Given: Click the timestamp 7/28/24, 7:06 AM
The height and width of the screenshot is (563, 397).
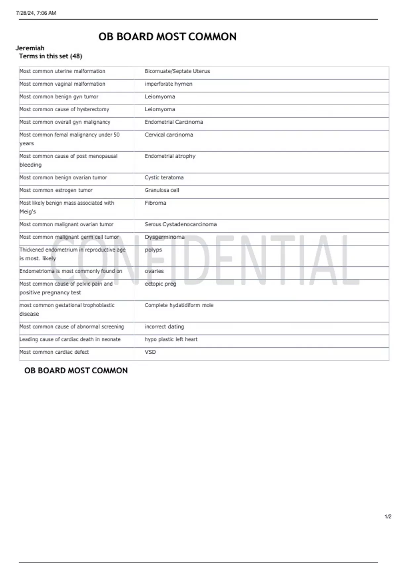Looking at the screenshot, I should [36, 13].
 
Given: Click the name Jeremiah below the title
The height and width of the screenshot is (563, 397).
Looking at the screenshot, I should [30, 48].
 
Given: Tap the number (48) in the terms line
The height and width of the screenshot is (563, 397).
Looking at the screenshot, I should [76, 56].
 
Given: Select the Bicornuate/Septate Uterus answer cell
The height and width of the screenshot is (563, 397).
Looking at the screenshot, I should [177, 71].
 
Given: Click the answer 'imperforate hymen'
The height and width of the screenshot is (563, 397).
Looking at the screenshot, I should [168, 84].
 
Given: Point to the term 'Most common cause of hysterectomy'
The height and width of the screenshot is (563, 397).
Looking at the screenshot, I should [64, 109].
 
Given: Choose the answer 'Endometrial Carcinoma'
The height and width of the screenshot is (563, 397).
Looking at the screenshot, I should [174, 122].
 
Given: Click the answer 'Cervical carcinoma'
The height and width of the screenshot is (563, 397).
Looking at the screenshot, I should [169, 135].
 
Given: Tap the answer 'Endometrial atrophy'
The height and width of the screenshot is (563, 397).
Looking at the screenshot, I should [170, 156].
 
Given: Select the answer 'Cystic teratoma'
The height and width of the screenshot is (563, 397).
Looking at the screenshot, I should [164, 178].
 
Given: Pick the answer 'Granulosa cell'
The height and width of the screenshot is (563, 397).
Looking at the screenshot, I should [162, 190].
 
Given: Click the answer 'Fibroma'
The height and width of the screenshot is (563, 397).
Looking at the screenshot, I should [155, 203].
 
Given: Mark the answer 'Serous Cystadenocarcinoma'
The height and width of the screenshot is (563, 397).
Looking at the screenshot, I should [181, 224].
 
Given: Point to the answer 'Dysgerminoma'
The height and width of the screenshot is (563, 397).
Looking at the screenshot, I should [164, 237].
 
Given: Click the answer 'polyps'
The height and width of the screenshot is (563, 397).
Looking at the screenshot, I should [154, 250].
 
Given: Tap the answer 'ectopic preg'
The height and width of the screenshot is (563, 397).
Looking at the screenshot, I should [160, 284].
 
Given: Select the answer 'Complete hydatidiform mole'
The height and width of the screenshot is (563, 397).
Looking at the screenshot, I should [179, 305].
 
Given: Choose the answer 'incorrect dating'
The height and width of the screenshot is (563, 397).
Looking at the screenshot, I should [164, 327].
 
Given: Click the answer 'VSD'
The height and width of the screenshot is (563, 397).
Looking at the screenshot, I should [150, 352].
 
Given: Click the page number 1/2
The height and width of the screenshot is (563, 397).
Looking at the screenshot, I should [388, 517].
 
